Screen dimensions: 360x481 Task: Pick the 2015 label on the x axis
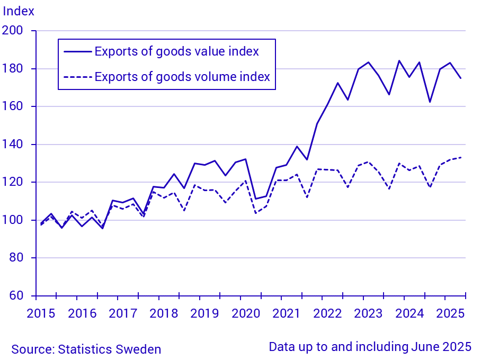[41, 313]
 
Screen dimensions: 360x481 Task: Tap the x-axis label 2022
[327, 313]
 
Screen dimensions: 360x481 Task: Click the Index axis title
[19, 11]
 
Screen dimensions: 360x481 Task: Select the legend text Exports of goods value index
[176, 51]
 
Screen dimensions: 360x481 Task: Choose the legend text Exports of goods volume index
[182, 77]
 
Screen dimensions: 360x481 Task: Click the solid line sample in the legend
[76, 51]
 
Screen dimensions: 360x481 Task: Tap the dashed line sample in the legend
[76, 77]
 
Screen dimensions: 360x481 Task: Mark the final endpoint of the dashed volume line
[461, 157]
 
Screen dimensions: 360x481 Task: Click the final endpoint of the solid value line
[461, 78]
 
